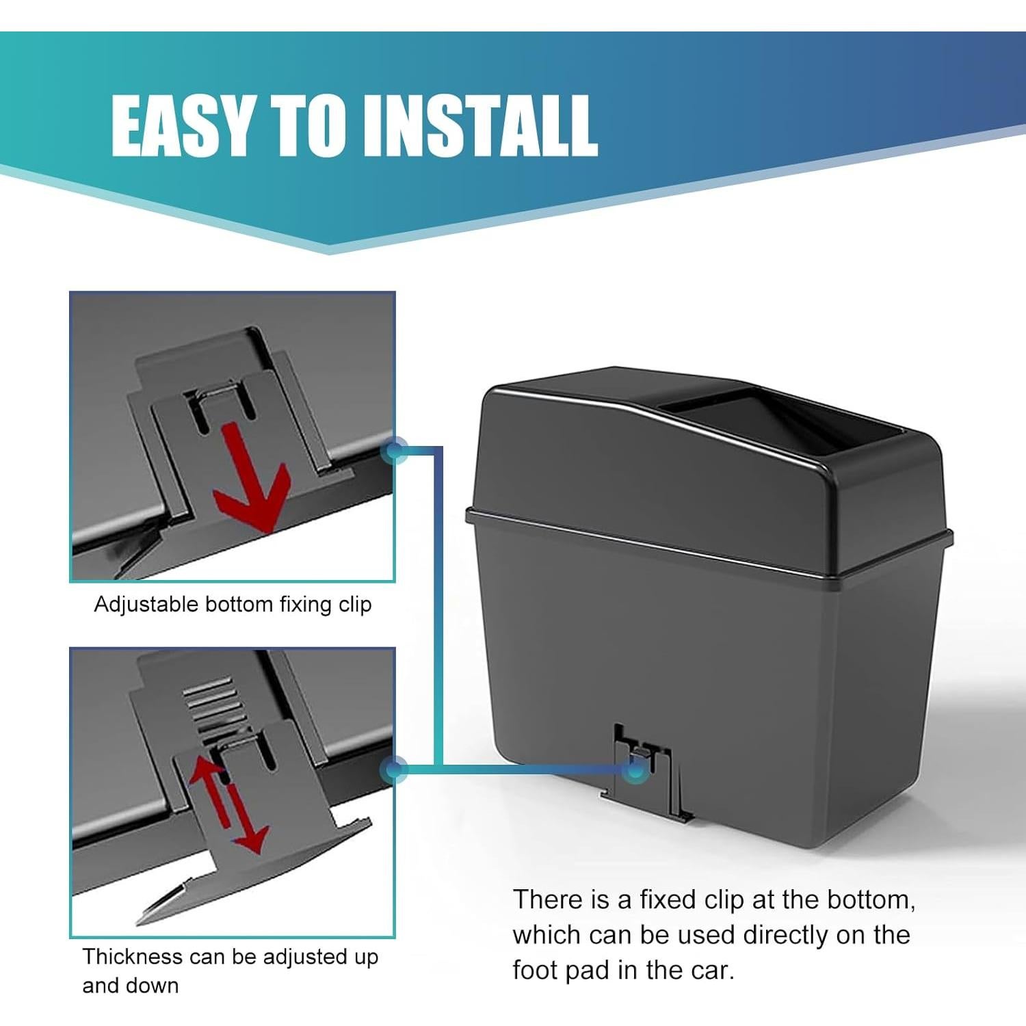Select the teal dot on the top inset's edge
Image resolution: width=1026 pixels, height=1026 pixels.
[395, 451]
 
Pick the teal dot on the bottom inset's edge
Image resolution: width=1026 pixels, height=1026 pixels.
[395, 770]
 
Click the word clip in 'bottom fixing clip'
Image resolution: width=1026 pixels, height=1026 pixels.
[354, 605]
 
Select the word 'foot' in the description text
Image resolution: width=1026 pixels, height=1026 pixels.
[536, 970]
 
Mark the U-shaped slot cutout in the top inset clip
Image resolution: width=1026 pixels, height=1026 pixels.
[221, 407]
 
